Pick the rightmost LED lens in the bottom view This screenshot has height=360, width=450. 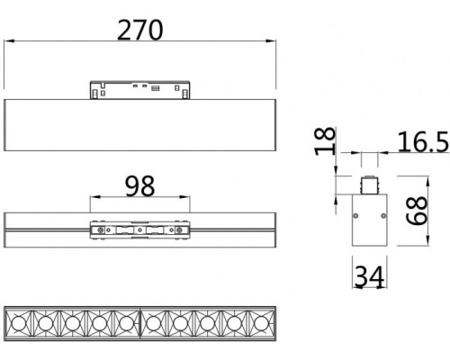point(260,320)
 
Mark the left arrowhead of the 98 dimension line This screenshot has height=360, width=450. point(91,200)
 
